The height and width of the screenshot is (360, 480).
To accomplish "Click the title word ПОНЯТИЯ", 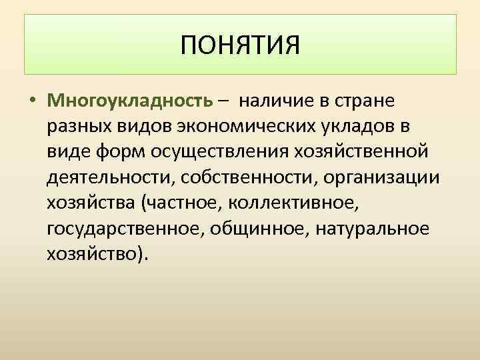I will (240, 45).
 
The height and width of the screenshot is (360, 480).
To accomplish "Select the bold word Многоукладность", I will (130, 102).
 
